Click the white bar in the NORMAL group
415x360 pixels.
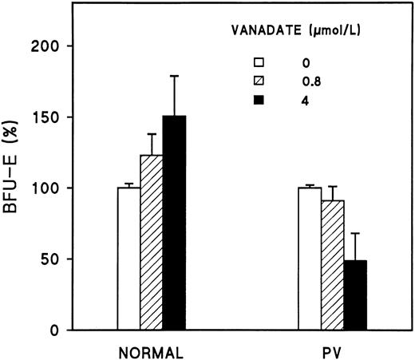coord(128,259)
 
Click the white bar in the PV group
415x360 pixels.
coord(310,259)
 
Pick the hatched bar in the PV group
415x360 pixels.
coord(332,265)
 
